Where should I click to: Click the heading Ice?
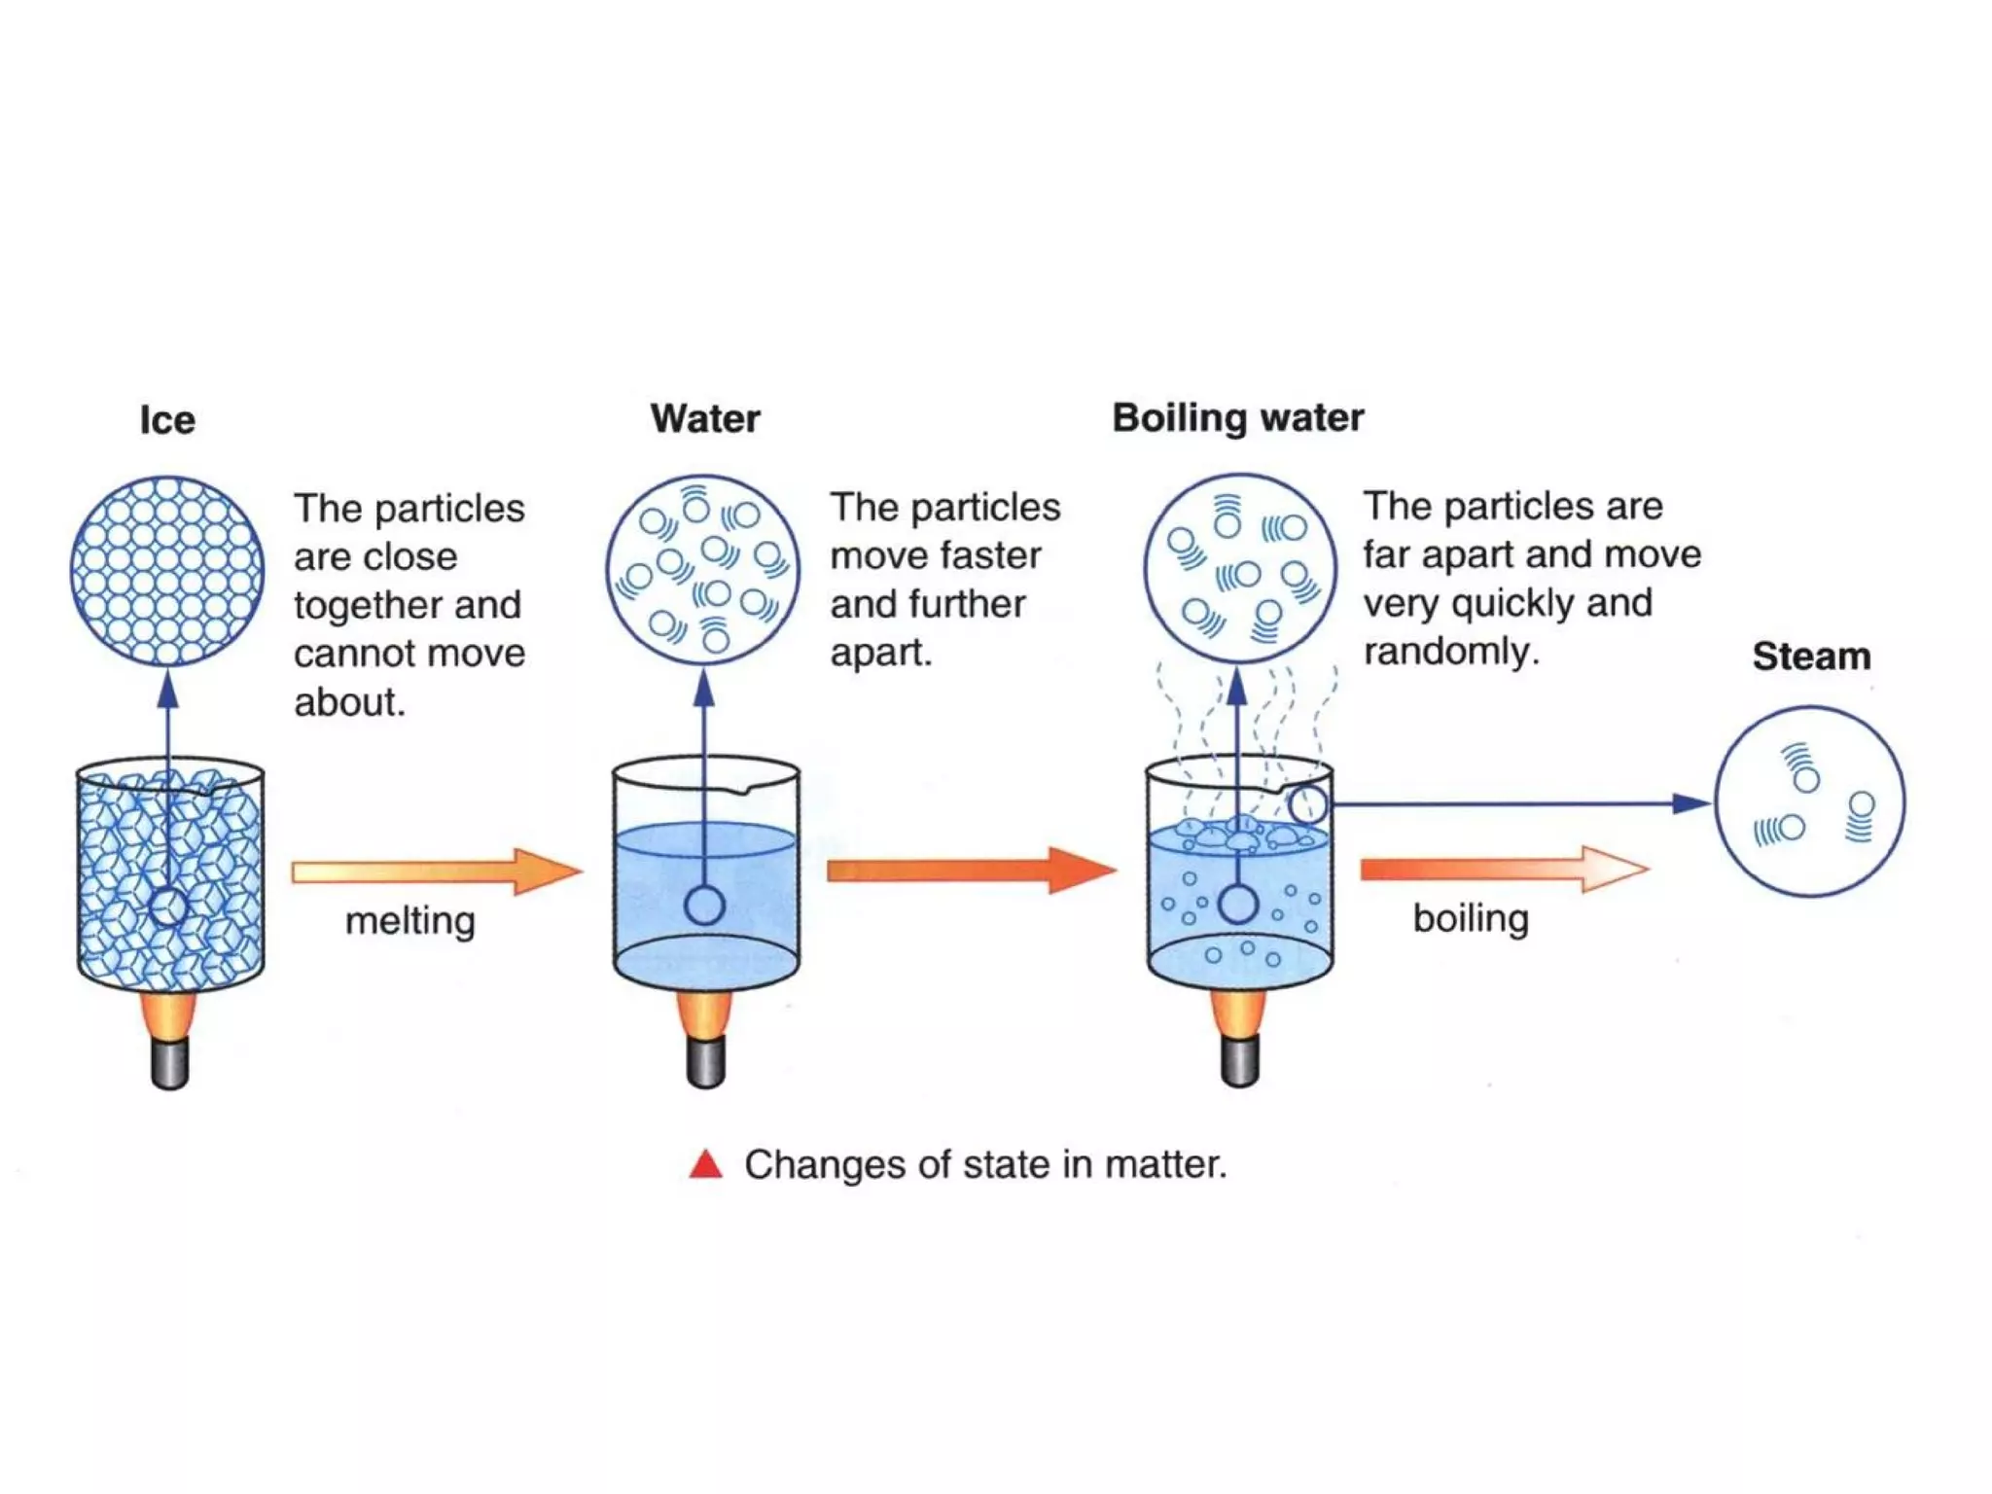[167, 420]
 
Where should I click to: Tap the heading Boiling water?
[1237, 418]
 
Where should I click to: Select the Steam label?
[1811, 657]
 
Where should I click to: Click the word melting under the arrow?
[409, 920]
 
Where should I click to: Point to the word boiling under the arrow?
[1471, 918]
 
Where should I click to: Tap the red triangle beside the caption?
[705, 1165]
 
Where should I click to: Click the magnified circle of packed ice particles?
[167, 571]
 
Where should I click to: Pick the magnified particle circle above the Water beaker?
[703, 570]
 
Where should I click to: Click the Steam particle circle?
[1809, 801]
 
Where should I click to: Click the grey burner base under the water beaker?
[705, 1060]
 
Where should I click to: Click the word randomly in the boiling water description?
[1450, 651]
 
